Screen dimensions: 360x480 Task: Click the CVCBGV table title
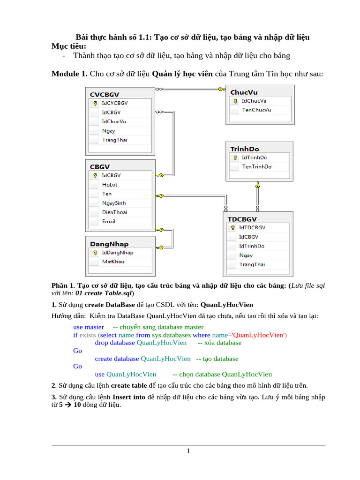[x=105, y=94]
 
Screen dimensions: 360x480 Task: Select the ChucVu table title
[x=244, y=92]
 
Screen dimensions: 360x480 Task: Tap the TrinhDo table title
[x=244, y=149]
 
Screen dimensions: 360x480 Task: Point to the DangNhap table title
[x=109, y=244]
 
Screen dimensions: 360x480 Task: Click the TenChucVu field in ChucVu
[x=256, y=110]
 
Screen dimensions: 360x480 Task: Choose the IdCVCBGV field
[x=115, y=103]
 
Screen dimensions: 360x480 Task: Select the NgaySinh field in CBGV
[x=114, y=203]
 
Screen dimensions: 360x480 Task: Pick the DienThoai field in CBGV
[x=114, y=212]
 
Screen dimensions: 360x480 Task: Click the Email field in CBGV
[x=109, y=221]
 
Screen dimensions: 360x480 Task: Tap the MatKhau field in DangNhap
[x=113, y=262]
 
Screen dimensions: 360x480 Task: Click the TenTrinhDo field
[x=256, y=167]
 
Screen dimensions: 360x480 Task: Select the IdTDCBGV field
[x=252, y=227]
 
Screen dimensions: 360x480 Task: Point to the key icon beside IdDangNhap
[x=95, y=253]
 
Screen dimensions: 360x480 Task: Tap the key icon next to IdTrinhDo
[x=235, y=158]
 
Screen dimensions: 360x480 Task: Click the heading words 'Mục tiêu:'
[x=69, y=46]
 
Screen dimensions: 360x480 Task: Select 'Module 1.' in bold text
[x=69, y=74]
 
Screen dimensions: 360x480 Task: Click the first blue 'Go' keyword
[x=77, y=351]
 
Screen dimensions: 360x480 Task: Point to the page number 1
[x=188, y=451]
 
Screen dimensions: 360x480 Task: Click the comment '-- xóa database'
[x=219, y=343]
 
